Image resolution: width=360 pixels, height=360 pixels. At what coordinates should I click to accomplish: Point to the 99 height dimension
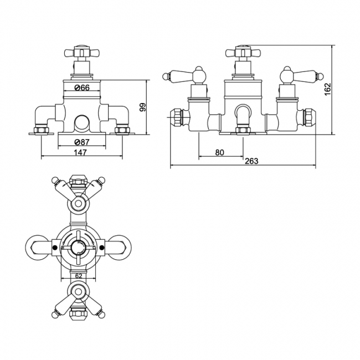point(142,107)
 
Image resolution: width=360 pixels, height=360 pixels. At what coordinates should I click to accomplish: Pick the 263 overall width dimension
point(251,161)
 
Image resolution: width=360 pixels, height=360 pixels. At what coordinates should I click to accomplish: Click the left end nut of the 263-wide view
point(176,116)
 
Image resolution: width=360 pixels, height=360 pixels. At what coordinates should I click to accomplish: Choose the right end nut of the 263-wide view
point(306,116)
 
